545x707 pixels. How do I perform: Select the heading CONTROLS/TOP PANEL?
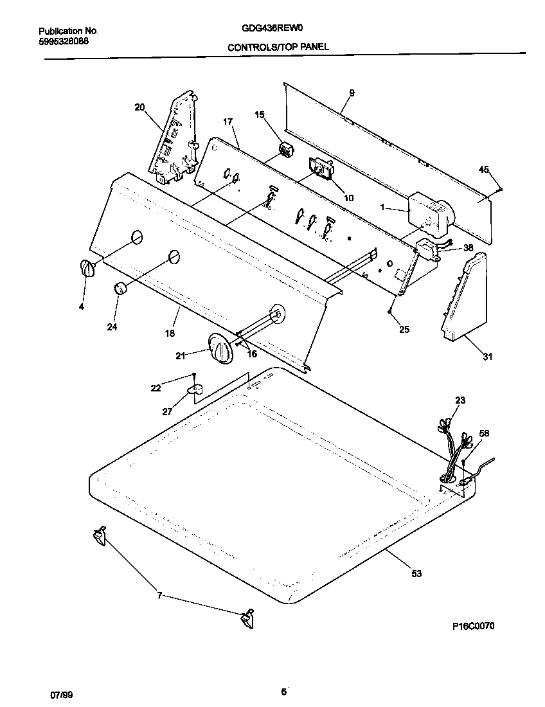[278, 47]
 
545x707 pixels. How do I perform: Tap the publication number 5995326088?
[64, 41]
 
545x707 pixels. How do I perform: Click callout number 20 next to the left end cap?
[139, 107]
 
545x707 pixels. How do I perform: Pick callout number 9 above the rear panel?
[352, 93]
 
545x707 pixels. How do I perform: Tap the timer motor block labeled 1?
[425, 211]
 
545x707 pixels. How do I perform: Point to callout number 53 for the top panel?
[416, 573]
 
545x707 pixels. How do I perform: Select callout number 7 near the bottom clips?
[159, 596]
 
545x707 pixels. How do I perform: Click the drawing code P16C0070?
[469, 625]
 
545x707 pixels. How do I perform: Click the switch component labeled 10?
[319, 170]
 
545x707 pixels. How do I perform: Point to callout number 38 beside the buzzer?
[468, 247]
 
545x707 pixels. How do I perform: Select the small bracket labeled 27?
[195, 390]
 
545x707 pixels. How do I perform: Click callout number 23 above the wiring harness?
[460, 400]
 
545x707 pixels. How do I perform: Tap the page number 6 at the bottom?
[283, 692]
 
